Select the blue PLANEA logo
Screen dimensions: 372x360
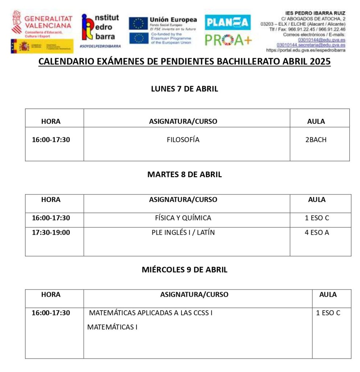click(x=228, y=23)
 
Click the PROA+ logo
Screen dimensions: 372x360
click(x=228, y=40)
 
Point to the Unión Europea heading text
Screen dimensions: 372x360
click(x=173, y=20)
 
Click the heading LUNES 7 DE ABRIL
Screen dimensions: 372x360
click(x=184, y=89)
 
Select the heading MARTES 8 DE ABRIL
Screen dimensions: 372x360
click(x=184, y=174)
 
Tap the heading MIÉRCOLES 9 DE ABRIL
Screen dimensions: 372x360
click(x=184, y=270)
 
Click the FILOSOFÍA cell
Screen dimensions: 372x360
click(x=183, y=140)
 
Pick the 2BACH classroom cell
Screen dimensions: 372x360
click(x=316, y=140)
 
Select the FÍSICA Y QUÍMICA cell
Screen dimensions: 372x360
click(x=183, y=218)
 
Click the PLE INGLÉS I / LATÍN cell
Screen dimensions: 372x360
click(x=183, y=232)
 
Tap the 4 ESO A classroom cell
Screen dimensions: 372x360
click(x=316, y=232)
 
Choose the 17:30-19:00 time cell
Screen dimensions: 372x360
click(x=51, y=232)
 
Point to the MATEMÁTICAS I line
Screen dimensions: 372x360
click(x=112, y=327)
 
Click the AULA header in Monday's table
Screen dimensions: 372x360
click(x=316, y=121)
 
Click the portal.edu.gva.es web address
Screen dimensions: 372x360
click(x=306, y=50)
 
